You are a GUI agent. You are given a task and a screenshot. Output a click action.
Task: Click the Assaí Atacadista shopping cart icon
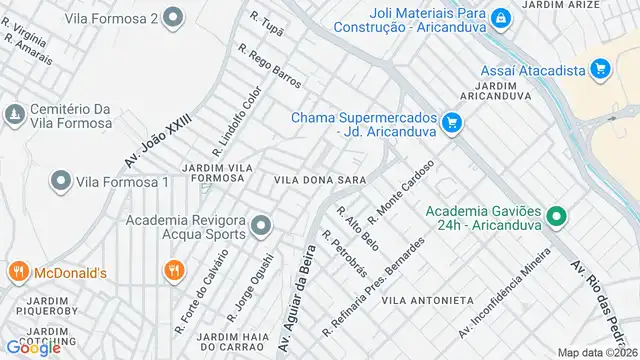599,68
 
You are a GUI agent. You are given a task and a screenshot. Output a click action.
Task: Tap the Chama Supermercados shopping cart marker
452,123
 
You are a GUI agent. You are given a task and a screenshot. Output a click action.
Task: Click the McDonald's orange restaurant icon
17,270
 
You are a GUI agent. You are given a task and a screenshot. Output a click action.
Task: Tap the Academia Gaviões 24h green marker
558,216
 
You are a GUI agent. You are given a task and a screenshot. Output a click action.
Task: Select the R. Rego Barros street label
269,64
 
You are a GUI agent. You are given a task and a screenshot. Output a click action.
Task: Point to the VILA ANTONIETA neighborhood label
427,300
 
